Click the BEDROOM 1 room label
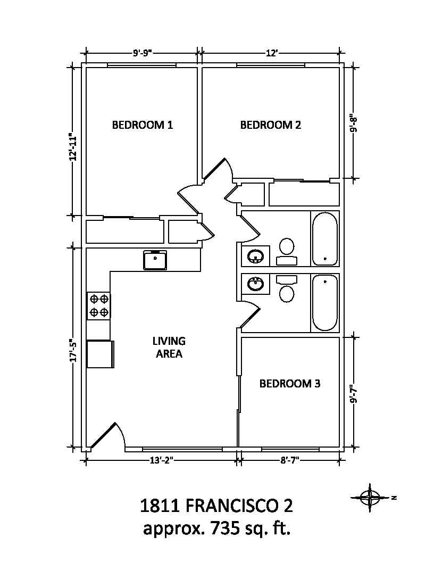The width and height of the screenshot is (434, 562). coord(143,125)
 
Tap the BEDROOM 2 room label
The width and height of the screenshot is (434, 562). coord(271,125)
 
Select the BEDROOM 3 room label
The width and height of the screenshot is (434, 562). coord(290,384)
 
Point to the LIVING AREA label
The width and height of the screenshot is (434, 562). coord(169,348)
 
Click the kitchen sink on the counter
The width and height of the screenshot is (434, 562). coord(155,260)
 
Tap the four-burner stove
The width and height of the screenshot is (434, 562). coord(99,305)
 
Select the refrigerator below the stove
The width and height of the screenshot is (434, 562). coord(101,354)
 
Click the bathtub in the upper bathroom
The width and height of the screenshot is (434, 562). coord(325,238)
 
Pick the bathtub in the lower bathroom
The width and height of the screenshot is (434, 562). coord(325,303)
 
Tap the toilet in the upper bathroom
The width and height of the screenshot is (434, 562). coord(287,252)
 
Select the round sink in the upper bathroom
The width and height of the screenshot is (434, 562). coord(256,257)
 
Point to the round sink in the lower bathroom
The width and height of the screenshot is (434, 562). coord(256,284)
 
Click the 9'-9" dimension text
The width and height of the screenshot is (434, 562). coord(143,53)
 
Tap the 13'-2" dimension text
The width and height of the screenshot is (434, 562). coord(161,460)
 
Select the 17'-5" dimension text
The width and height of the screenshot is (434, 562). coord(74,351)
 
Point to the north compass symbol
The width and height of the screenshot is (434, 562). coord(370,498)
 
